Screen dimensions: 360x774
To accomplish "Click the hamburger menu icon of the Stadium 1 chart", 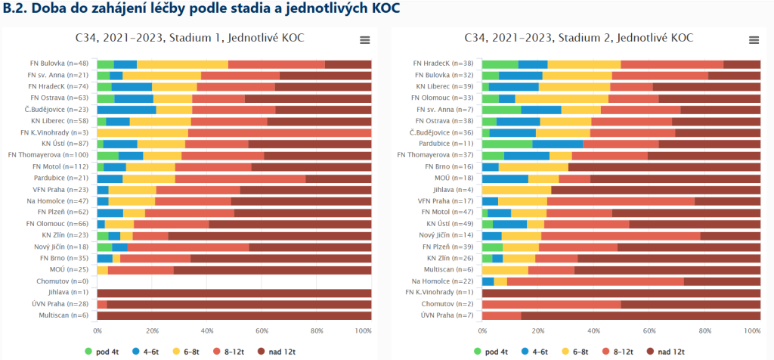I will pos(365,40).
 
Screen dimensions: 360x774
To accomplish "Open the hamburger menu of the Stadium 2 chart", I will pos(754,40).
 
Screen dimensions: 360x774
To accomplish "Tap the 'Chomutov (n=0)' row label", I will pos(63,281).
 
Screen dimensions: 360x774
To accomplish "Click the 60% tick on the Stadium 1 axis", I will pos(262,331).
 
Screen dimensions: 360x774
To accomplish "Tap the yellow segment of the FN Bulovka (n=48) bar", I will pos(182,64).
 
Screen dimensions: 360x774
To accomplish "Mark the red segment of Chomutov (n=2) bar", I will pos(551,304).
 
